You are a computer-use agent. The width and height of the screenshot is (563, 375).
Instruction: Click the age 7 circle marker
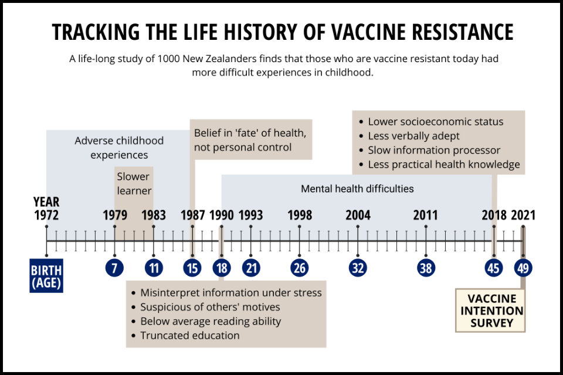pos(114,268)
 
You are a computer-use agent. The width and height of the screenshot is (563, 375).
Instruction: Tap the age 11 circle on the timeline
pos(154,268)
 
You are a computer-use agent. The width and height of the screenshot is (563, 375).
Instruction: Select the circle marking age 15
pos(192,268)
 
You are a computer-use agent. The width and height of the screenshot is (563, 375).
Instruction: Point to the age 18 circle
pos(222,268)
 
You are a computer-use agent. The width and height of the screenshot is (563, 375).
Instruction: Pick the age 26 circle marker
pos(300,268)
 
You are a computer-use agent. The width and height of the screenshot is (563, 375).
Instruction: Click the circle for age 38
pos(426,268)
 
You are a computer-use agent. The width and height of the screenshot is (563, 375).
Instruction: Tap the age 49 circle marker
pos(523,268)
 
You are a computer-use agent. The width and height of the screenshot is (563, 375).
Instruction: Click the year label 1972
pos(46,215)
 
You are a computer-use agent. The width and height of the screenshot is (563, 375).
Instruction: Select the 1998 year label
pos(300,215)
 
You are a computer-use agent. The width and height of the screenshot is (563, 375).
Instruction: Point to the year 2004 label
pos(358,215)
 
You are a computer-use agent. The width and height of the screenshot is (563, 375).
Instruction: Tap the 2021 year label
pos(523,215)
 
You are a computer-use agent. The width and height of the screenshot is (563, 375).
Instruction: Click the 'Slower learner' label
pos(134,183)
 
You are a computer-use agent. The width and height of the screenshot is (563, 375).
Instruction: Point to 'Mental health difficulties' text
pos(357,189)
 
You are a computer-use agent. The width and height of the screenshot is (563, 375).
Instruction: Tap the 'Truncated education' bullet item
pos(189,336)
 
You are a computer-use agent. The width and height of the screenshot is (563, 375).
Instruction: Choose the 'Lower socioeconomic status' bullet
pos(435,122)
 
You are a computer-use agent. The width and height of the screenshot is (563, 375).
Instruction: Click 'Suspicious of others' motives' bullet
pos(210,306)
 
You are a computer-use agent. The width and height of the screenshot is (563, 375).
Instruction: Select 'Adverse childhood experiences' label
pos(119,148)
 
